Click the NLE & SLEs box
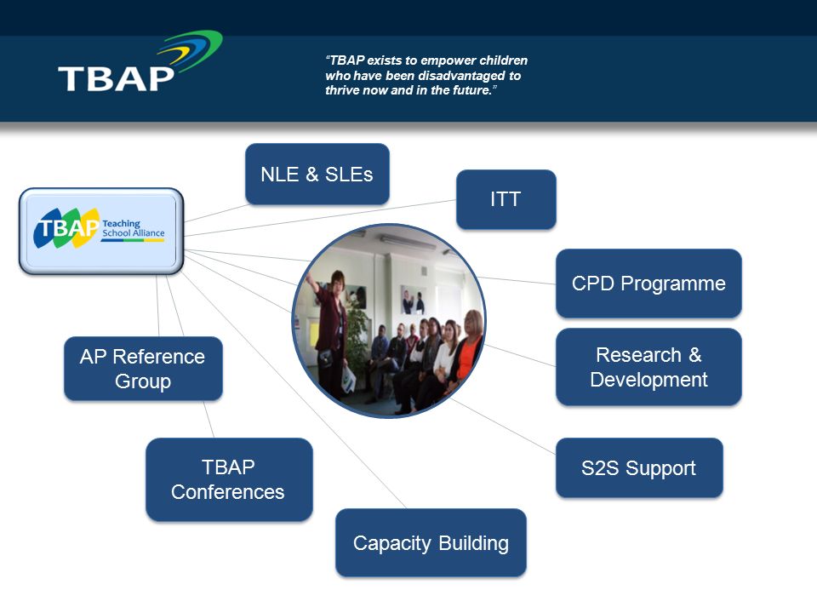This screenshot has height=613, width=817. [x=317, y=174]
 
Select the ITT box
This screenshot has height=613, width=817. [x=506, y=199]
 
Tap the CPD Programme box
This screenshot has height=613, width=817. [x=648, y=284]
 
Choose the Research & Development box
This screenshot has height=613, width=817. [x=648, y=367]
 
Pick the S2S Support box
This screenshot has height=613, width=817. [x=639, y=468]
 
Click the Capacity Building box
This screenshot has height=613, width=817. [x=431, y=542]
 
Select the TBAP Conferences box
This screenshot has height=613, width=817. [x=229, y=479]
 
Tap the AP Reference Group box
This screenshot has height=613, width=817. [x=143, y=369]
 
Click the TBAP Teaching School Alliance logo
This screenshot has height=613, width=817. [x=101, y=231]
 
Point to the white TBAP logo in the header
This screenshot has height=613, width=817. [x=116, y=78]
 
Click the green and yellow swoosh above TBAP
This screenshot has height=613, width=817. [x=191, y=51]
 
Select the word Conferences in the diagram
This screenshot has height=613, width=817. [x=228, y=492]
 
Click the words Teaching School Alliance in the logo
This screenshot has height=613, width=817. [x=134, y=228]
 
